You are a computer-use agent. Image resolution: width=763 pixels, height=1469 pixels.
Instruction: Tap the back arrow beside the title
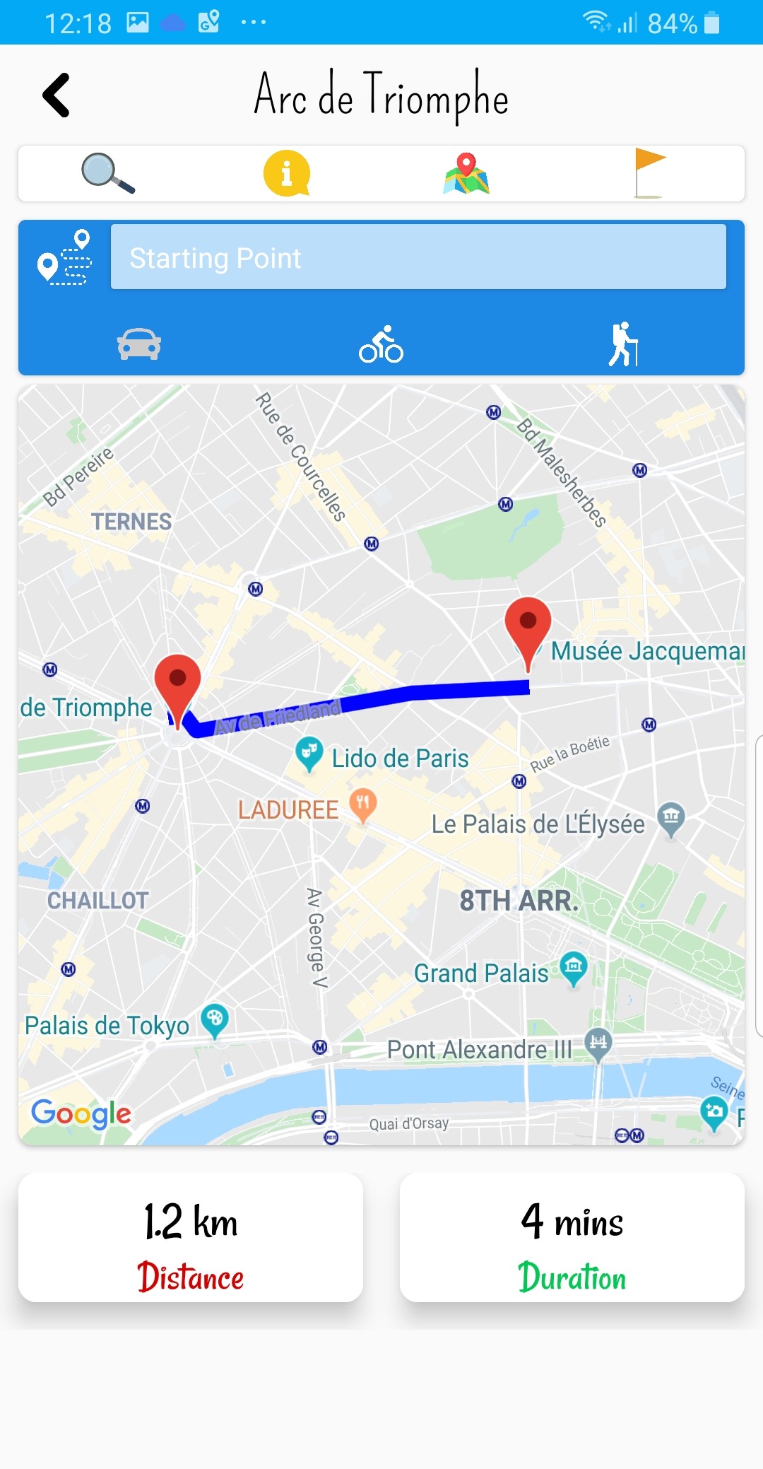click(57, 95)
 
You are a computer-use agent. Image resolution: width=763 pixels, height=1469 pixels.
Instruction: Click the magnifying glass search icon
click(107, 173)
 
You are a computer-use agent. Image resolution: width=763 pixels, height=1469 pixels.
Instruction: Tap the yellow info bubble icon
click(286, 173)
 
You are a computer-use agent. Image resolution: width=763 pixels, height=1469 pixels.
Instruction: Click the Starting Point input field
click(418, 257)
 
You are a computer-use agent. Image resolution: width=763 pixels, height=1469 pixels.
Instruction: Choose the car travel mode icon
click(139, 344)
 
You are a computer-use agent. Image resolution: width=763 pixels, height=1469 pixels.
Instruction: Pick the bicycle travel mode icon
click(381, 344)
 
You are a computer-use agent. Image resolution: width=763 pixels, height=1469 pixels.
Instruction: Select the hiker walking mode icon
click(623, 344)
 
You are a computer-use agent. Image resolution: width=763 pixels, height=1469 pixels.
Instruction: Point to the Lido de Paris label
click(400, 759)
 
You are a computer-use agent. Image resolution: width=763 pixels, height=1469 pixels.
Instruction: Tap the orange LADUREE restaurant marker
click(362, 804)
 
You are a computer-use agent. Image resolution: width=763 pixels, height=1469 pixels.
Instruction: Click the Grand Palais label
click(481, 973)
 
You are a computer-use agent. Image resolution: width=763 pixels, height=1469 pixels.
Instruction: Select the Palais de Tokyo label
click(107, 1026)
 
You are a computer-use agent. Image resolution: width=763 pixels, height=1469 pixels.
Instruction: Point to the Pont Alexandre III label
click(479, 1050)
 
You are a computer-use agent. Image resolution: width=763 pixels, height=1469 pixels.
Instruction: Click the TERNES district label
click(131, 522)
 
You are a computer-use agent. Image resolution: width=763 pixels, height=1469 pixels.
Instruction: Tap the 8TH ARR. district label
click(519, 901)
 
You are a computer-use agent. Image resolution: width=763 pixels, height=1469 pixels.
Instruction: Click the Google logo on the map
click(81, 1114)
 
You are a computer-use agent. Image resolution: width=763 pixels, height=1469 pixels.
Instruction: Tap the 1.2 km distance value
click(191, 1222)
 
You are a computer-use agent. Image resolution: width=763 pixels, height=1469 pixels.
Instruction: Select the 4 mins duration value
click(572, 1222)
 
